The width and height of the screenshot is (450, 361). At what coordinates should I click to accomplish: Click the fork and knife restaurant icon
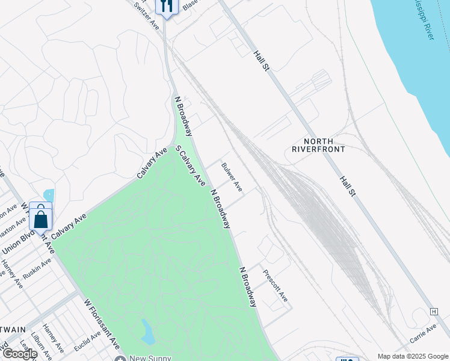[x=166, y=7]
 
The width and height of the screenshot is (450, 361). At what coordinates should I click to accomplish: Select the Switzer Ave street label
[x=146, y=16]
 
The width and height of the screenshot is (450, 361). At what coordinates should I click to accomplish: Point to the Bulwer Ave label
[x=232, y=177]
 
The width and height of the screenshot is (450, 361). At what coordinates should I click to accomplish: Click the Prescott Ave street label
[x=276, y=285]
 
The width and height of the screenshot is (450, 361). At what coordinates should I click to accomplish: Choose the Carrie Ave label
[x=423, y=335]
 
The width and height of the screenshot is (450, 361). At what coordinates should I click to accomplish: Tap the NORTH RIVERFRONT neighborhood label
[x=318, y=144]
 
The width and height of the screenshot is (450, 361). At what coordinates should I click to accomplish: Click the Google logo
[x=19, y=354]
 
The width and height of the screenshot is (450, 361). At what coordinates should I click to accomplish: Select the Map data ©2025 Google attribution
[x=413, y=356]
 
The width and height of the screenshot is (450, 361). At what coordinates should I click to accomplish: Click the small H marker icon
[x=433, y=311]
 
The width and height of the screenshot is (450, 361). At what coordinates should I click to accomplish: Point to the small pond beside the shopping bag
[x=48, y=196]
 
